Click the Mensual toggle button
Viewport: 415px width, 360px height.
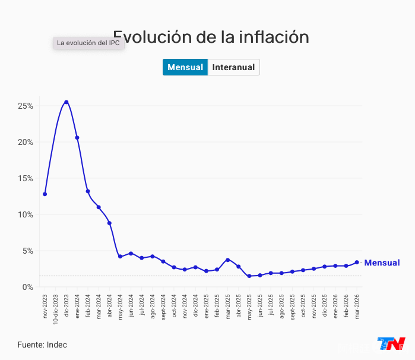(185, 67)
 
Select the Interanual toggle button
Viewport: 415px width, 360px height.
(233, 67)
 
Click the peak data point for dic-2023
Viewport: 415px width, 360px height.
(66, 102)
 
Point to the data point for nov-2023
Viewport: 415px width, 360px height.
(45, 194)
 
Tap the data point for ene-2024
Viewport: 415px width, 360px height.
(77, 138)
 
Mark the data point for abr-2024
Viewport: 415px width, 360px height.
(109, 223)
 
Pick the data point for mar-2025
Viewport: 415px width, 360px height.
(227, 260)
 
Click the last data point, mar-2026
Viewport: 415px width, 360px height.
(357, 262)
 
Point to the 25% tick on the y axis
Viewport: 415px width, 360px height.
(25, 106)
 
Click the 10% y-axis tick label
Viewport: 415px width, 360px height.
(25, 214)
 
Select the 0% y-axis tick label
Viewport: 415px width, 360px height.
(27, 287)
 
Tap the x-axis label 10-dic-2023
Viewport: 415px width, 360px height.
(56, 308)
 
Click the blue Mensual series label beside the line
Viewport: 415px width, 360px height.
(382, 263)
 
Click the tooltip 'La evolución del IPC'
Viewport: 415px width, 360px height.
(88, 43)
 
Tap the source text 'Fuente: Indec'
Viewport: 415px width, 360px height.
(42, 345)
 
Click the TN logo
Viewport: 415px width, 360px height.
(391, 345)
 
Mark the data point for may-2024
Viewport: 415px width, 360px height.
(120, 257)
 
